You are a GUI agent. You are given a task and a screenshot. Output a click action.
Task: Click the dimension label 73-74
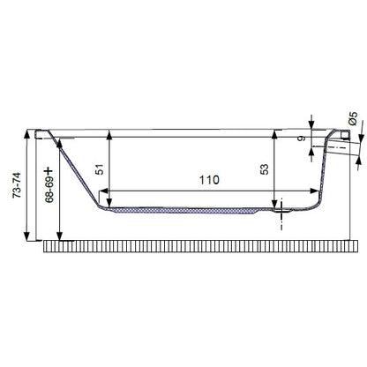17,185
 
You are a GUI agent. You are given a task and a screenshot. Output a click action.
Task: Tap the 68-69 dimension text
49,191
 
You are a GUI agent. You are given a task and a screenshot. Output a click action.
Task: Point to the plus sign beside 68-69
49,171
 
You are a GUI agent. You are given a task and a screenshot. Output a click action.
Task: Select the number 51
101,169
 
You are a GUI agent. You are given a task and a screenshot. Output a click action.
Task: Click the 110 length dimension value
209,180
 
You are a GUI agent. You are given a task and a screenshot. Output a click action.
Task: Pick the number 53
265,169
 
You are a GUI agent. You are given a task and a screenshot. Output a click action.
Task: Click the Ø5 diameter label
354,118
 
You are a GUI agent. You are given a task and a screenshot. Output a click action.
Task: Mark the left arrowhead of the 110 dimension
105,191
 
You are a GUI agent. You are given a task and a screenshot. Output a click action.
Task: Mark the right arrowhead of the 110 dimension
313,191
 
